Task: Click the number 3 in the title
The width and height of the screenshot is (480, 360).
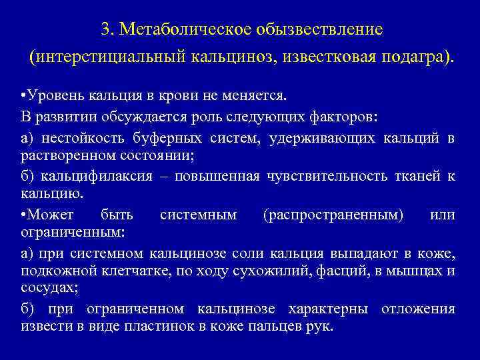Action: (105, 30)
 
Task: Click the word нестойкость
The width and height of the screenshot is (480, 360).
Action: (79, 139)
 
